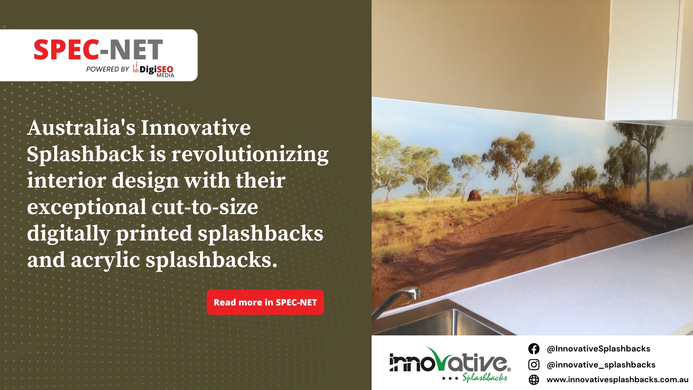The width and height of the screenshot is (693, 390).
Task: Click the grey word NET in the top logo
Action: point(136,50)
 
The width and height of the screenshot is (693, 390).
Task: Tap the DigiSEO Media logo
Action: point(154,70)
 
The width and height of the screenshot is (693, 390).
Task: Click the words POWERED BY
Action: point(107,69)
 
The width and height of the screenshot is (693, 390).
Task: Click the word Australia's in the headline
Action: point(81,128)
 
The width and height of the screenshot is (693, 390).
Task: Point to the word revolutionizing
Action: point(250,155)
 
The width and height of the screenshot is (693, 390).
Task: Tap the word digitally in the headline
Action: point(68,234)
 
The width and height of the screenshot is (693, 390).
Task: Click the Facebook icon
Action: point(534,349)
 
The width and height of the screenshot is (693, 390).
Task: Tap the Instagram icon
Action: point(534,364)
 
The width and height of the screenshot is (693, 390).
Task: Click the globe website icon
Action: point(534,380)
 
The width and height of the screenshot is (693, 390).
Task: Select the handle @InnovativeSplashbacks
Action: point(598,349)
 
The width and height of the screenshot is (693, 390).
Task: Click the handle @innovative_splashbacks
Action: point(601,365)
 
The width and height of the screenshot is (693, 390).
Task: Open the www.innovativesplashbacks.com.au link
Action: point(617,380)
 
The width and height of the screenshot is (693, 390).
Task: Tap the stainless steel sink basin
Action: point(437,323)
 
